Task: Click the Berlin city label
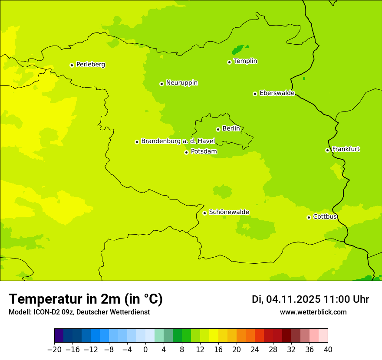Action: click(231, 128)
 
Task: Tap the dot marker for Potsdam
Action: click(186, 152)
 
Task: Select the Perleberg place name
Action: click(90, 65)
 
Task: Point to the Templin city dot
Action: click(229, 62)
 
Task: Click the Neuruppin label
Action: click(181, 83)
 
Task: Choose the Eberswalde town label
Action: click(277, 93)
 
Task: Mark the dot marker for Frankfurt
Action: click(327, 150)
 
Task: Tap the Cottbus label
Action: click(325, 216)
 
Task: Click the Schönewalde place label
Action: click(229, 212)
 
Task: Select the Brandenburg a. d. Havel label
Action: click(178, 141)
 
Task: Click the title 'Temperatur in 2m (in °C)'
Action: click(86, 299)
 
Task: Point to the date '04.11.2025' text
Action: click(293, 299)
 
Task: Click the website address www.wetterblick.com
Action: click(313, 312)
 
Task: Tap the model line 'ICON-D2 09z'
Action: click(52, 312)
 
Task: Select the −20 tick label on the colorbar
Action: click(54, 350)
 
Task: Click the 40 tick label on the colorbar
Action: click(328, 350)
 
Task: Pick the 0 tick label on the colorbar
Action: click(145, 350)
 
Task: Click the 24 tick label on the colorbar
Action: click(255, 350)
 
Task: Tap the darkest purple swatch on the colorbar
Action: click(59, 336)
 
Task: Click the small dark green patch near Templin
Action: click(238, 49)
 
